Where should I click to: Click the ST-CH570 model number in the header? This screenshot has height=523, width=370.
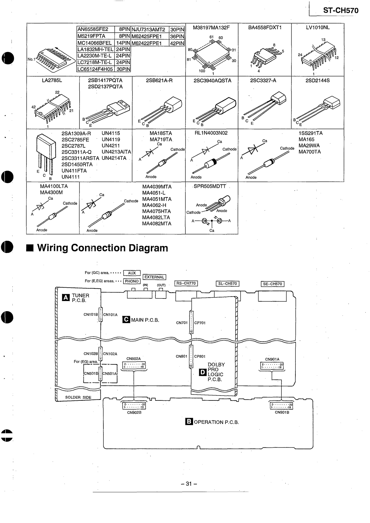point(341,10)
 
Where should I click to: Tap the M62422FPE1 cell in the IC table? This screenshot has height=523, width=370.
point(150,43)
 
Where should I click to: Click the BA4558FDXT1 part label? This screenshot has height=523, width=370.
point(264,28)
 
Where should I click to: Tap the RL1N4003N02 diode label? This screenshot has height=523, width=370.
point(211,133)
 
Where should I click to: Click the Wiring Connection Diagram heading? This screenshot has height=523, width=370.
point(102,248)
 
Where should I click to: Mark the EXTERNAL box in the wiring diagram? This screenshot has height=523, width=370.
point(154,277)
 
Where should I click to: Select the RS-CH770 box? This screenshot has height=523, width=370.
point(186,283)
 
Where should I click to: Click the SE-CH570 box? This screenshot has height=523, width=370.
point(273,284)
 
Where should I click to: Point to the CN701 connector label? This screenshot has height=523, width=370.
point(182,323)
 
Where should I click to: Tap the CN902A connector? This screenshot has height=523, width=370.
point(134,365)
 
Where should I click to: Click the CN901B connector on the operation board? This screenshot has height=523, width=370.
point(282,406)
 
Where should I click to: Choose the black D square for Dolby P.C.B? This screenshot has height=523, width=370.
point(203,372)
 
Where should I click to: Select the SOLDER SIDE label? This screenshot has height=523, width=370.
point(78,397)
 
